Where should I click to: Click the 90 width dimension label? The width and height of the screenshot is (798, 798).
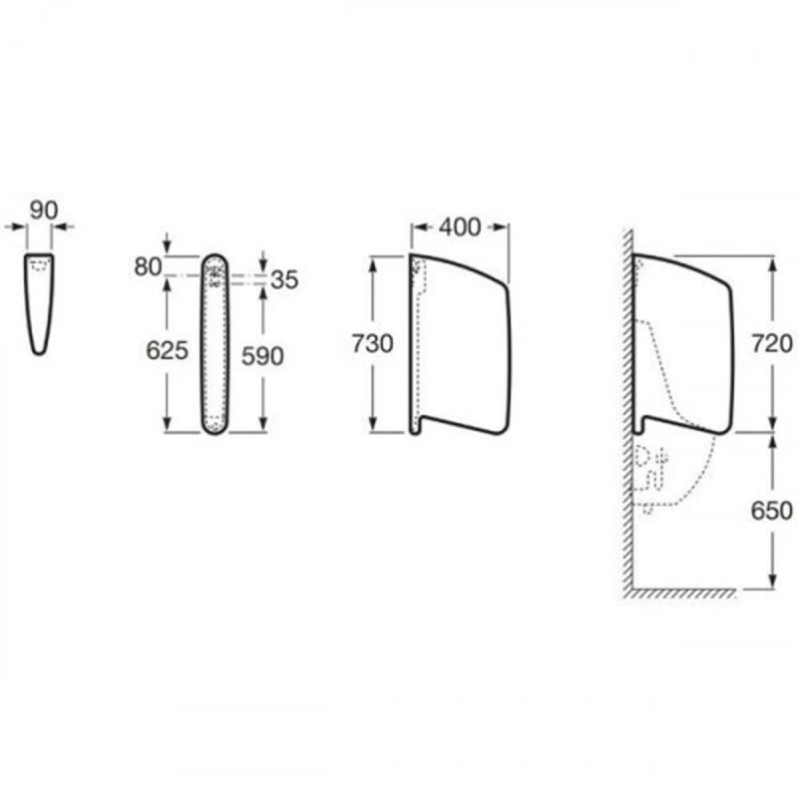pyautogui.click(x=44, y=209)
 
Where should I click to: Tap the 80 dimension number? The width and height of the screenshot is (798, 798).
pyautogui.click(x=148, y=266)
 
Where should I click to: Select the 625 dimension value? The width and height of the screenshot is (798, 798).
pyautogui.click(x=167, y=350)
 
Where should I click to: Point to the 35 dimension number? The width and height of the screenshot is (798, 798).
pyautogui.click(x=284, y=280)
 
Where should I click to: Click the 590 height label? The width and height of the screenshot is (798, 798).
pyautogui.click(x=262, y=356)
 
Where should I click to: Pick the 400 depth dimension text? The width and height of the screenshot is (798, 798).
pyautogui.click(x=460, y=227)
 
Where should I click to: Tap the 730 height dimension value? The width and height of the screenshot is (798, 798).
pyautogui.click(x=372, y=344)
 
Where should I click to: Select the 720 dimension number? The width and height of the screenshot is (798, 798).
pyautogui.click(x=772, y=344)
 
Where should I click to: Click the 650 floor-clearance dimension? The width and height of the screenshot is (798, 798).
pyautogui.click(x=772, y=511)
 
